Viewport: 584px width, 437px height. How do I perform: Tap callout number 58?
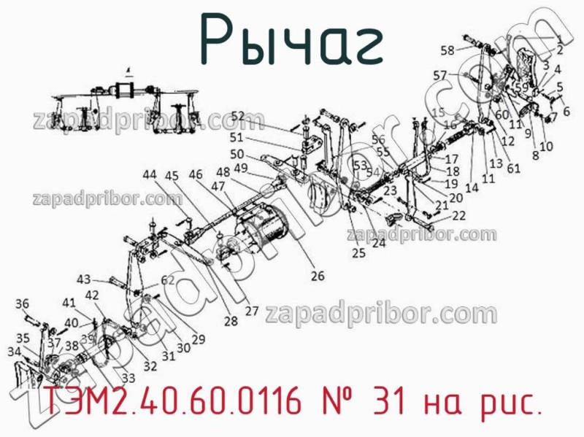pyautogui.click(x=447, y=50)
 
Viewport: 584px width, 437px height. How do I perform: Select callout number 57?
pyautogui.click(x=439, y=74)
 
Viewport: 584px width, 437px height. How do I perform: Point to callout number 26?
pyautogui.click(x=318, y=276)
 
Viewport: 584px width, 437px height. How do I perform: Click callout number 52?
pyautogui.click(x=238, y=115)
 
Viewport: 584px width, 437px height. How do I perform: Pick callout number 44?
pyautogui.click(x=149, y=175)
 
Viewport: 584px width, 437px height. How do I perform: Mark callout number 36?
pyautogui.click(x=23, y=303)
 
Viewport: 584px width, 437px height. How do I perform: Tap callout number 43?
pyautogui.click(x=84, y=279)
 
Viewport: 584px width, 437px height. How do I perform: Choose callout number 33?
pyautogui.click(x=128, y=378)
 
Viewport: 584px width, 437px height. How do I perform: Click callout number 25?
pyautogui.click(x=358, y=253)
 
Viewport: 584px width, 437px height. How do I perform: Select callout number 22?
pyautogui.click(x=458, y=215)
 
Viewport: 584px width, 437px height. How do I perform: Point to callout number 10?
pyautogui.click(x=546, y=146)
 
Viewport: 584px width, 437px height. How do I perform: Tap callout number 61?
pyautogui.click(x=513, y=169)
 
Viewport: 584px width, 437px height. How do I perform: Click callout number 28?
pyautogui.click(x=231, y=321)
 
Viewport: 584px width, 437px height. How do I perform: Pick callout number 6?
pyautogui.click(x=566, y=111)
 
